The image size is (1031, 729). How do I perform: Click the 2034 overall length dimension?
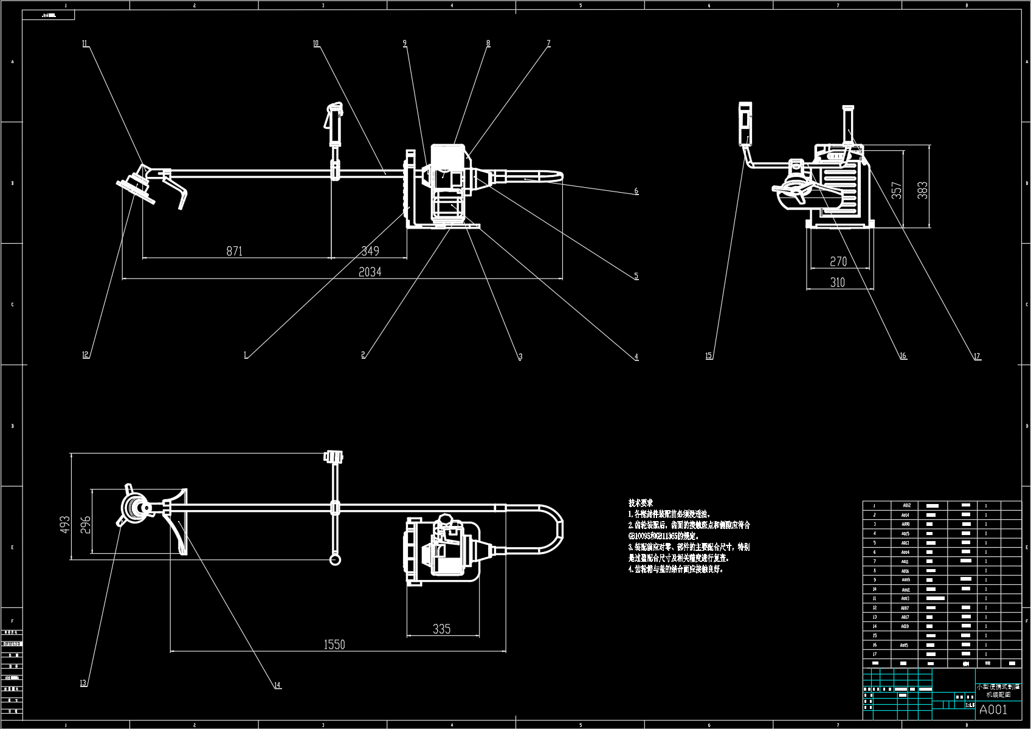(x=370, y=272)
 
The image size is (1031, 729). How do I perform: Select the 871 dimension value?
(x=235, y=250)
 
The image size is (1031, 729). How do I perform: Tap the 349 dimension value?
(x=370, y=250)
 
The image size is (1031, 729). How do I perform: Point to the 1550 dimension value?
(x=334, y=644)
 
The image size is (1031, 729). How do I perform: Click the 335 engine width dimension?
(x=441, y=629)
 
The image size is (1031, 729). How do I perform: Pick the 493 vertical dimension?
(x=66, y=524)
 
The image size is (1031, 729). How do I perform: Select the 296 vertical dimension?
(x=85, y=524)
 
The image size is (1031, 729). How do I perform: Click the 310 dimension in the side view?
(x=837, y=282)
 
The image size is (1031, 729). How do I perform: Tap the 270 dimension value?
(x=838, y=261)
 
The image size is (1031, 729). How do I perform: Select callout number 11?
(x=85, y=43)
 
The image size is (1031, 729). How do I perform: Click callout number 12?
(x=86, y=355)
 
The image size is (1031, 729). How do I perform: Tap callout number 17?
(x=977, y=357)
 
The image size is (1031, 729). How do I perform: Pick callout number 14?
(x=277, y=685)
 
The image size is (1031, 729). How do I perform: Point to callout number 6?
(x=636, y=191)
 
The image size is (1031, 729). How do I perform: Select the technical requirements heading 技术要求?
(x=641, y=503)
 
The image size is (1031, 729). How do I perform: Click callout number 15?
(x=709, y=356)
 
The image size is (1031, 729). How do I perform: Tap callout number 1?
(x=246, y=355)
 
